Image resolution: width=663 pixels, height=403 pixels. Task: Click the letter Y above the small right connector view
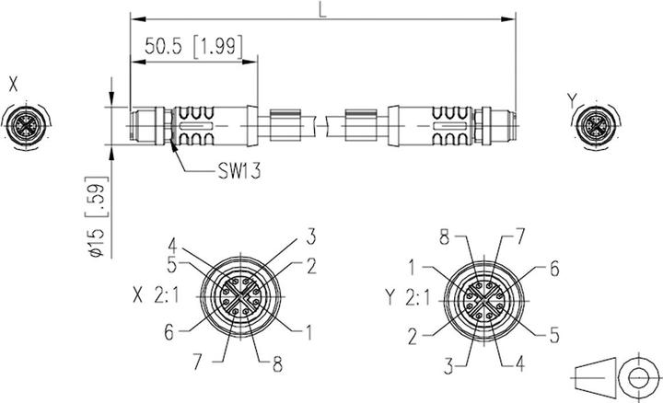coord(573,98)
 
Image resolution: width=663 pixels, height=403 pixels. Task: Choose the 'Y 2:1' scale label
coord(407,296)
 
